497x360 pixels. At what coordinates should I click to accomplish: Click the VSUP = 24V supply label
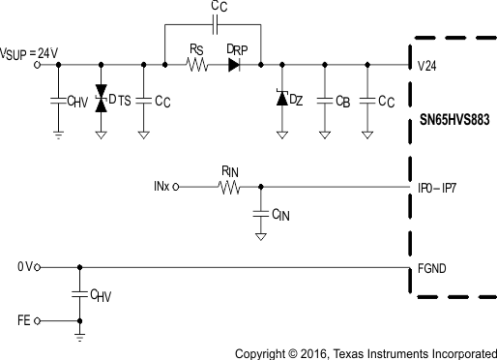tap(31, 53)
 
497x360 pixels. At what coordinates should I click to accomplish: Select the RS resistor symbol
tap(197, 66)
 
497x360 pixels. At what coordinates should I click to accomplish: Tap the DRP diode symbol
tap(233, 66)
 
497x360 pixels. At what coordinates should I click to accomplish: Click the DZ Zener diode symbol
tap(281, 99)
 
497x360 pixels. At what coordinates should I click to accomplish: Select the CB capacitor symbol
tap(324, 99)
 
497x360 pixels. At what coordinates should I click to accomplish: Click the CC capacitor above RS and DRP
tap(217, 22)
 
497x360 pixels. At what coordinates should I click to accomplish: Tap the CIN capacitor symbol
tap(260, 212)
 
